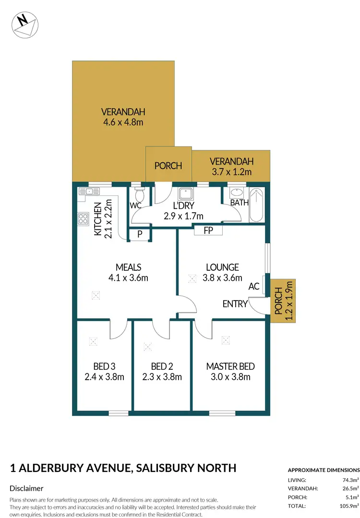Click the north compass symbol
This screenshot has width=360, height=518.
pos(24,24)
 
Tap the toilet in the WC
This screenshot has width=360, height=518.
pos(140,195)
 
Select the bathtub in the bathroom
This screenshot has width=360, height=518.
pos(256,205)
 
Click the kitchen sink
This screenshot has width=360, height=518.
pos(92,191)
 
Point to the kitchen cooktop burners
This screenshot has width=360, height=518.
pos(83,219)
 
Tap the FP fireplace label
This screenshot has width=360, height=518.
pos(208,230)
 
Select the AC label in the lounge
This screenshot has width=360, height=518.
pos(254,287)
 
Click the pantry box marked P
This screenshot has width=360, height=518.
pos(140,235)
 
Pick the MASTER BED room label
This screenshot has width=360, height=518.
pos(230,366)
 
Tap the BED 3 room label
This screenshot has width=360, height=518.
pos(104,366)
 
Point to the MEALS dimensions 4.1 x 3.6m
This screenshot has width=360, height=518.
pos(128,277)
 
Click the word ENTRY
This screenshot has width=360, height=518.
pos(235,304)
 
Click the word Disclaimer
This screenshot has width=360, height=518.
pos(26,488)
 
